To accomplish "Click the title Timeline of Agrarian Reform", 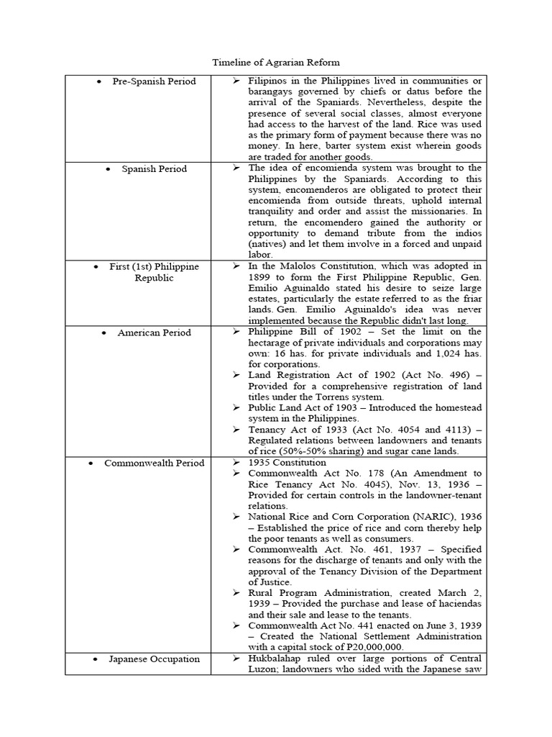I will [x=276, y=63].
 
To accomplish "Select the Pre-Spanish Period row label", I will [x=154, y=81].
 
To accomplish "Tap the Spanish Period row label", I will [x=154, y=169].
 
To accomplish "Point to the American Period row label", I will [x=154, y=333].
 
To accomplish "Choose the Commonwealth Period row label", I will [x=154, y=463].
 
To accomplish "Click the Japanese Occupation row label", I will [x=154, y=659].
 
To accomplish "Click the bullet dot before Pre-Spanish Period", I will [x=99, y=81].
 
